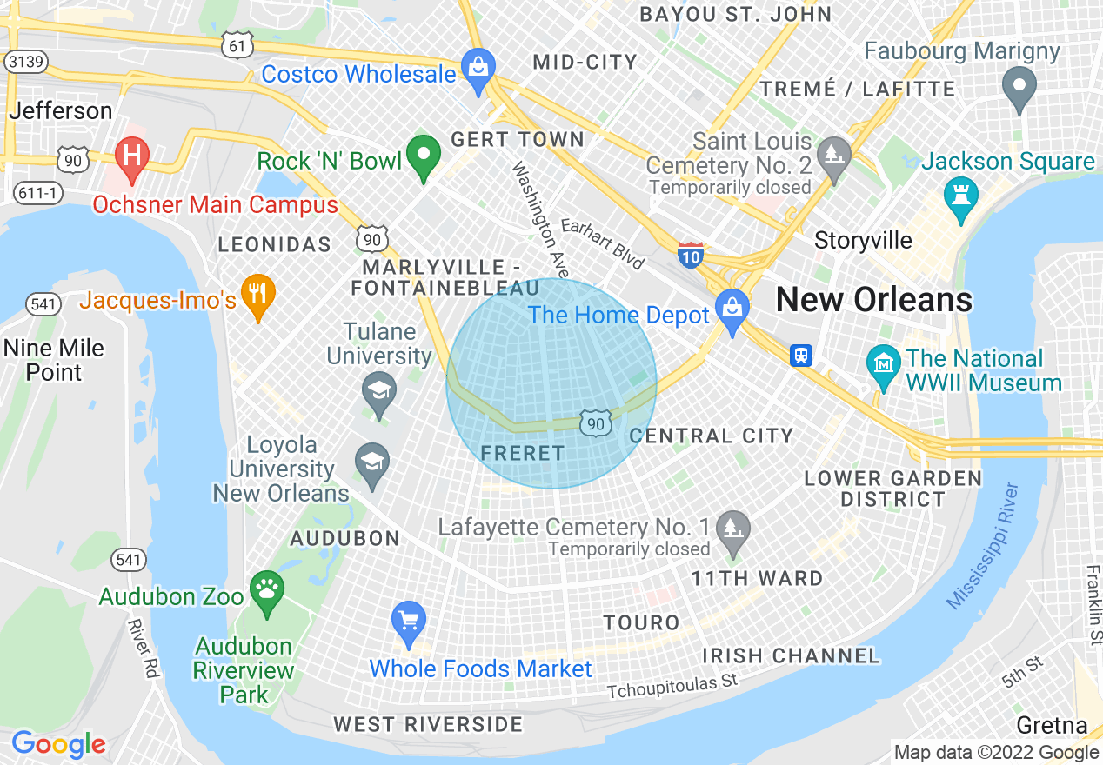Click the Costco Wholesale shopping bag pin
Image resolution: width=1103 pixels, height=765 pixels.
click(x=478, y=66)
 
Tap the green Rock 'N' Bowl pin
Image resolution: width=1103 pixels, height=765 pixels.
click(x=424, y=156)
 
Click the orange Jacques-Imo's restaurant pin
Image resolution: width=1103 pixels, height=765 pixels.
click(x=257, y=293)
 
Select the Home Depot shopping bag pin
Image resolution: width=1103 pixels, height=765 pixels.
click(x=732, y=308)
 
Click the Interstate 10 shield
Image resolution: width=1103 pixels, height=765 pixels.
click(x=691, y=256)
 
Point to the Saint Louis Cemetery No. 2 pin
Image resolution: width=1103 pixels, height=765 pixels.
click(x=834, y=155)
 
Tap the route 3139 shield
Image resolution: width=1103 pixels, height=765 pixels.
click(x=26, y=61)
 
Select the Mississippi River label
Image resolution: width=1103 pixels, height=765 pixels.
click(x=982, y=545)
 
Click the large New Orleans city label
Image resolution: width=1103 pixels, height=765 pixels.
click(x=873, y=300)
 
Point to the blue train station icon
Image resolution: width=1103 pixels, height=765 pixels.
click(x=800, y=355)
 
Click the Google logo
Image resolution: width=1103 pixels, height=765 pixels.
click(x=58, y=744)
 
